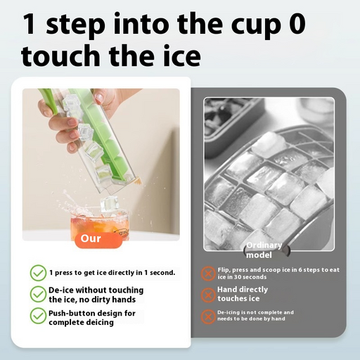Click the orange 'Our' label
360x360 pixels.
coord(91,238)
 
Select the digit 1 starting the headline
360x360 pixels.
coord(29,23)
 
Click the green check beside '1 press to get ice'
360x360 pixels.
coord(37,272)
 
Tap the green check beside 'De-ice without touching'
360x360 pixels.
coord(37,294)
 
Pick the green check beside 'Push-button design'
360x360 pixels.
coord(37,316)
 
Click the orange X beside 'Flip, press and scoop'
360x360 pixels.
coord(208,274)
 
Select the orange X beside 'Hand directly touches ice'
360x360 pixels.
coord(208,294)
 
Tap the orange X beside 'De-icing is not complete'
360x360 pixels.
coord(208,316)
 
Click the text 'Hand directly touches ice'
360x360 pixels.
coord(243,294)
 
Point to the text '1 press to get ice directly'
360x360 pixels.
coord(112,272)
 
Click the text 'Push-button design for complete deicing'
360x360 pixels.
coord(92,317)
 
